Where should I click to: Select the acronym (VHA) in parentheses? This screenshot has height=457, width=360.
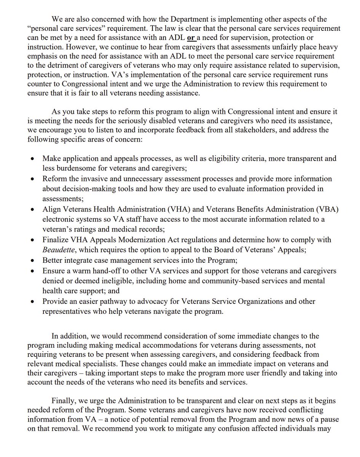tap(153, 210)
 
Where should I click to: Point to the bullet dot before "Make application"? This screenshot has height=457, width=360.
tap(34, 158)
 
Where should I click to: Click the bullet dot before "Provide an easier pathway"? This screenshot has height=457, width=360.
tap(34, 302)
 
